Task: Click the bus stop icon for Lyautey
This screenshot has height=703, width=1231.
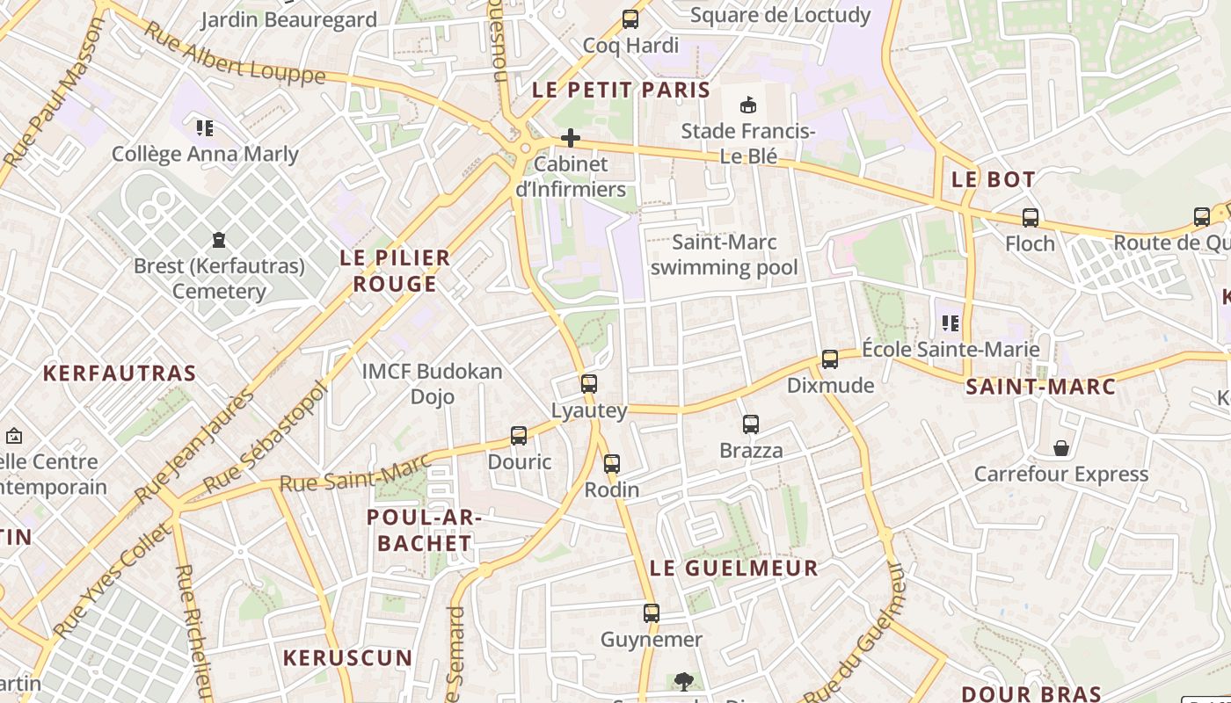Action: (588, 383)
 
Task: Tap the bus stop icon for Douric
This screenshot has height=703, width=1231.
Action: (519, 435)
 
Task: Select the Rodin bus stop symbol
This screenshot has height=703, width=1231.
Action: (612, 463)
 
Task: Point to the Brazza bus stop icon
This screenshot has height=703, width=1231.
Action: (751, 424)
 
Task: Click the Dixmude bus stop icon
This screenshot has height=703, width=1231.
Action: (830, 359)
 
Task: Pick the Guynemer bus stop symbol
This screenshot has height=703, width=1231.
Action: (652, 612)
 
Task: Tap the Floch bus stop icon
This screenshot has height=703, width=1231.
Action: (1031, 217)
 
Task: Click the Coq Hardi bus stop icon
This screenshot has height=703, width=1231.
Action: (630, 18)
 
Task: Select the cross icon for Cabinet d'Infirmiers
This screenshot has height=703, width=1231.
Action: (571, 138)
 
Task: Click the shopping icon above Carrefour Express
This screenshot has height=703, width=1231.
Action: (1061, 448)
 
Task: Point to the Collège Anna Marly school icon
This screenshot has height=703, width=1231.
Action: (205, 128)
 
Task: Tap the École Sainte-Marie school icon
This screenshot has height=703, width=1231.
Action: (951, 323)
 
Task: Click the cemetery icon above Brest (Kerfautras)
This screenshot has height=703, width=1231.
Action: (219, 239)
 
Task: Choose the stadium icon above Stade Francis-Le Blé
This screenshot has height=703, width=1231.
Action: (748, 105)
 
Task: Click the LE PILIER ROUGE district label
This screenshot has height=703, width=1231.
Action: (395, 271)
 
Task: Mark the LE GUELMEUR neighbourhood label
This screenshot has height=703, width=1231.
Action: (734, 569)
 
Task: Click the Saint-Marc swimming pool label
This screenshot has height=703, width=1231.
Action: (725, 255)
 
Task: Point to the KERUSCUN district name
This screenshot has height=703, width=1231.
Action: (347, 658)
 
